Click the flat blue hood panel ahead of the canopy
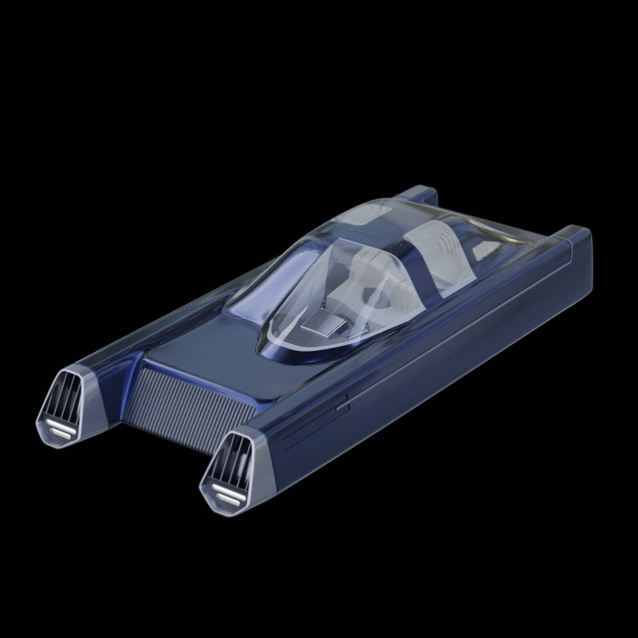pyautogui.click(x=199, y=344)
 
